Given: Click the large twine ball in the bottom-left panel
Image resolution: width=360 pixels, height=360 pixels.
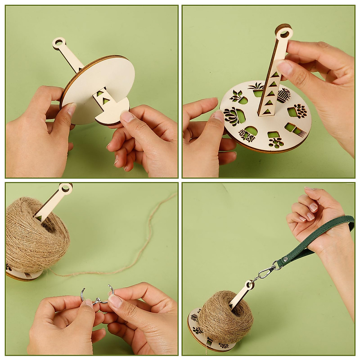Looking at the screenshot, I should (33, 240).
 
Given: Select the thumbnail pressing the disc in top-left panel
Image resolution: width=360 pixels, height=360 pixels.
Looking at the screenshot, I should (71, 109).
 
